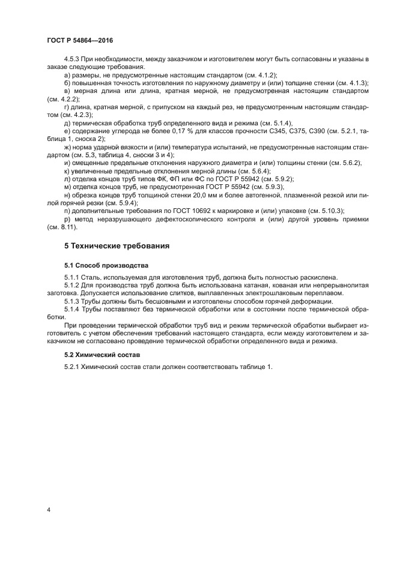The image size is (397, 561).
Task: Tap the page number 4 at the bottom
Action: [x=49, y=510]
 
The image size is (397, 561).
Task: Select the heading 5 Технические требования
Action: [x=117, y=246]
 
